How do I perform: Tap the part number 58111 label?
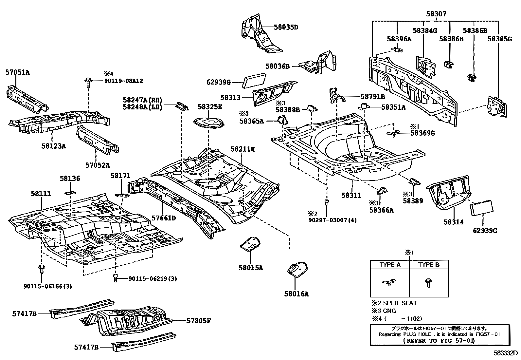[41, 194]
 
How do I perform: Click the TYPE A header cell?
[389, 265]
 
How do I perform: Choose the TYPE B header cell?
[429, 265]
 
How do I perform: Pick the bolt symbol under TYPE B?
[428, 283]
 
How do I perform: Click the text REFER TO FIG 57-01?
[439, 341]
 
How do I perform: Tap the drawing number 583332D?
[506, 353]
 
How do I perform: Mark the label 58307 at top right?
[436, 14]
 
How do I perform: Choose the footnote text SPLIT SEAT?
[400, 303]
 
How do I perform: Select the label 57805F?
[198, 321]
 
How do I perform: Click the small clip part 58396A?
[398, 49]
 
